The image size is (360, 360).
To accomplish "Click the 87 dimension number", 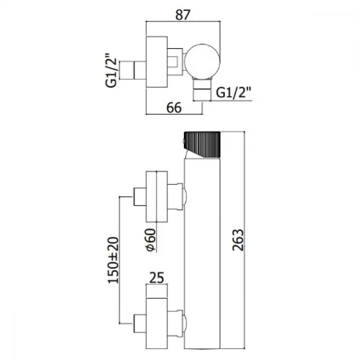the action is click(x=183, y=15).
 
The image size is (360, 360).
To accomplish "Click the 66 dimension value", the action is click(x=174, y=108).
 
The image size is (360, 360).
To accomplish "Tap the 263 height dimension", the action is click(x=238, y=240).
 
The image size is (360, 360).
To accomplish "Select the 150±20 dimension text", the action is click(x=113, y=260).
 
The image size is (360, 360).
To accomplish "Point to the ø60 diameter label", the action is click(x=151, y=240).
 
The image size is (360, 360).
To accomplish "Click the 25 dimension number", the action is click(x=157, y=278).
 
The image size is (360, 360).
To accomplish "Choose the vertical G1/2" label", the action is click(x=111, y=70).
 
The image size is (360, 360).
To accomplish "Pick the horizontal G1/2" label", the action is click(x=234, y=93).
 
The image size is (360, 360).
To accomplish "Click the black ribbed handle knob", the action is click(x=202, y=145).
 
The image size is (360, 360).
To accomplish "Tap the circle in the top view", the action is click(x=202, y=61).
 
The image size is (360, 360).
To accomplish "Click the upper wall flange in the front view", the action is click(x=157, y=197).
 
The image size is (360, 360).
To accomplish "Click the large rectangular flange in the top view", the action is click(x=157, y=62).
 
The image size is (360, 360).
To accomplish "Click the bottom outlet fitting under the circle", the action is click(x=202, y=90).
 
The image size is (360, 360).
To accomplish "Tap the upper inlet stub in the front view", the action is click(x=140, y=197).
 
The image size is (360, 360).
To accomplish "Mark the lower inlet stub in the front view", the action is click(x=140, y=324).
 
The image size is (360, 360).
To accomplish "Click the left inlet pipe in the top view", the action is click(x=133, y=70).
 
